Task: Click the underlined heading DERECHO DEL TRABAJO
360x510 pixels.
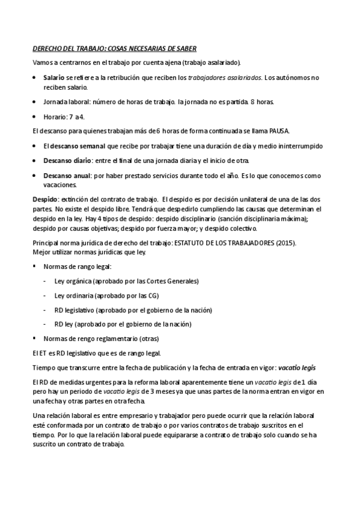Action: pyautogui.click(x=114, y=48)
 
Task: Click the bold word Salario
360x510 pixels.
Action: pyautogui.click(x=54, y=78)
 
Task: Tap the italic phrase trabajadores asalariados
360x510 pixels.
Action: pyautogui.click(x=225, y=78)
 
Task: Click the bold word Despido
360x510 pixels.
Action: pyautogui.click(x=45, y=199)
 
